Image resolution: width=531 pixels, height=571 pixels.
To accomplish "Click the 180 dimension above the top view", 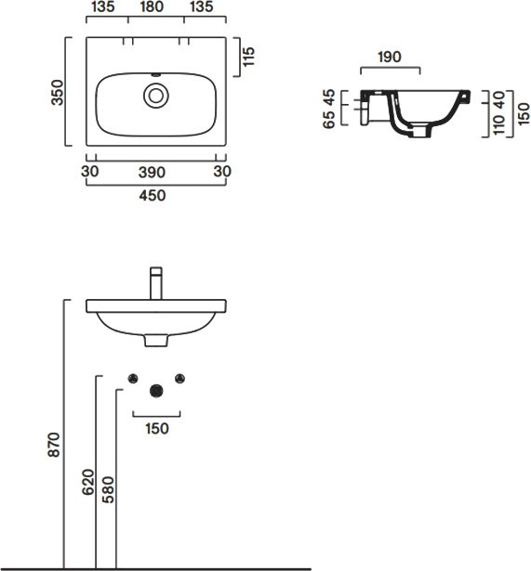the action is tap(152, 6).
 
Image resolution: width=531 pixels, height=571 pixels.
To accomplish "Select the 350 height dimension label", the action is tap(58, 93).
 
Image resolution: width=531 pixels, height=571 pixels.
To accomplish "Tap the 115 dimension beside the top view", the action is tap(248, 57).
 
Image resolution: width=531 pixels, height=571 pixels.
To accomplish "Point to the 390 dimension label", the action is tap(152, 173).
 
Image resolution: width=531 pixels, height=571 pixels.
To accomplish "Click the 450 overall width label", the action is tap(153, 196).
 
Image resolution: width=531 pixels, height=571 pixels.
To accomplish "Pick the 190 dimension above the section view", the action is tap(390, 57).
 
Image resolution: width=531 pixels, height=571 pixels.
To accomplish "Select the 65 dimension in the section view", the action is tap(329, 120).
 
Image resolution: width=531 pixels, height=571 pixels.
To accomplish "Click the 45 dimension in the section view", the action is tap(329, 97).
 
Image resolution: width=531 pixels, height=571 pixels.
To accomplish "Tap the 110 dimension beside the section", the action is tap(498, 124).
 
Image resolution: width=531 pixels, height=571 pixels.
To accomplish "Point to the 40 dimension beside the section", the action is tap(498, 99).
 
